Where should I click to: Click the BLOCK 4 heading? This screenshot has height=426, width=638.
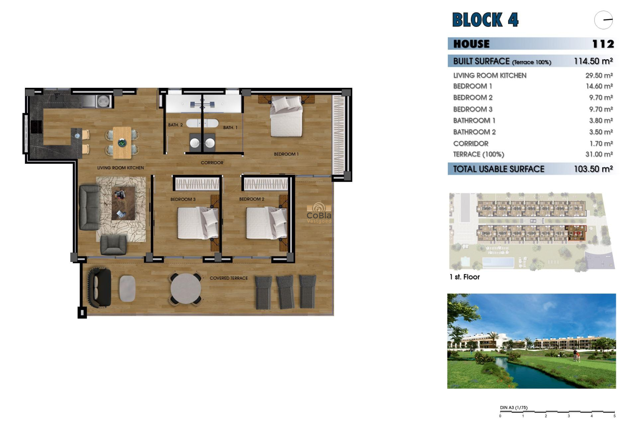point(485,20)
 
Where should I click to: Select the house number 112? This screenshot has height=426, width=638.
point(603,44)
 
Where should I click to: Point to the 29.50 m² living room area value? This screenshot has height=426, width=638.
point(599,76)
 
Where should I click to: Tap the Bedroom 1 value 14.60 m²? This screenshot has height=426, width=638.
point(599,86)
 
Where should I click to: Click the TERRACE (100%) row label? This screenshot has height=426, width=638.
point(478,154)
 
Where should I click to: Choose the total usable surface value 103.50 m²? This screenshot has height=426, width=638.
point(593,169)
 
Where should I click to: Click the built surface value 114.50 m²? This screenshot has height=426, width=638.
point(593,61)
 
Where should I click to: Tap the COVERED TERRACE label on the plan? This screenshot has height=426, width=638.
point(229,278)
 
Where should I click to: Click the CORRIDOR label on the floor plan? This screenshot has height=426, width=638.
point(212,163)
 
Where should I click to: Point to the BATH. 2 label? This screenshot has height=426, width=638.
point(175,125)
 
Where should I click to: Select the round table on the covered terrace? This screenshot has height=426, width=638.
point(186,288)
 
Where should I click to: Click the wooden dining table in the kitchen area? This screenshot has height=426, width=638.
point(122,142)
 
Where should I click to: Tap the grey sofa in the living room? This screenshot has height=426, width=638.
point(89,207)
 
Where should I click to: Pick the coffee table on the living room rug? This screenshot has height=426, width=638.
point(123,203)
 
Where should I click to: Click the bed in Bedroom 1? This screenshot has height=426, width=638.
point(286,116)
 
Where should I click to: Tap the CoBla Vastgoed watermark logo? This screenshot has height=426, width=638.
point(319,213)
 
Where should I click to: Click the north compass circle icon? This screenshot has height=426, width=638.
point(603,20)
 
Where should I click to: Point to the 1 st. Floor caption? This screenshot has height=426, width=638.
point(465,277)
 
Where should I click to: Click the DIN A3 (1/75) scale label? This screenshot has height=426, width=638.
point(513,408)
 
